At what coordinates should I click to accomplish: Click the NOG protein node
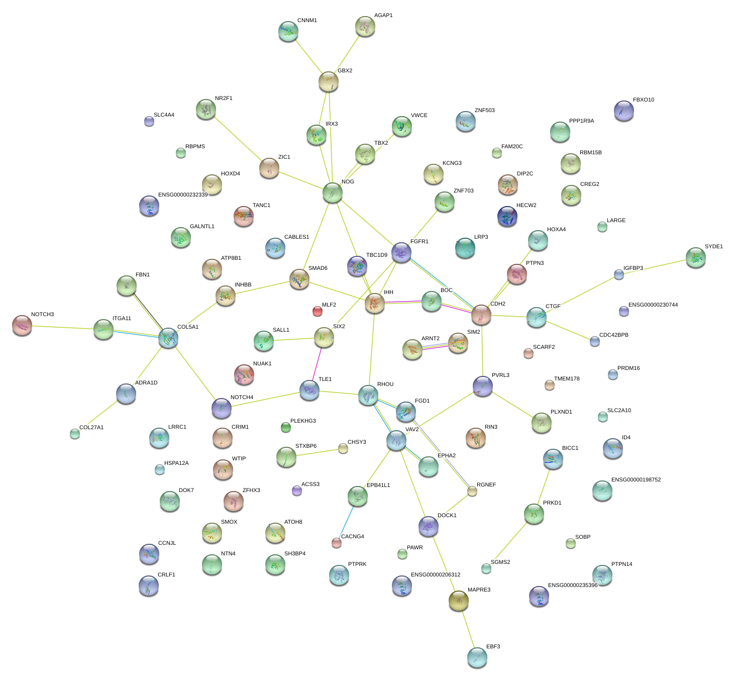tap(333, 192)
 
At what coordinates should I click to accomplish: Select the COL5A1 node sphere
tap(168, 338)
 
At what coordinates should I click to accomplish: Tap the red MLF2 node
tap(318, 311)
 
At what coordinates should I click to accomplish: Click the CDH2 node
tap(481, 315)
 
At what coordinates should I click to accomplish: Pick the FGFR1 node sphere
tap(401, 252)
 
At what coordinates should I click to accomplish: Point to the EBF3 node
tap(477, 657)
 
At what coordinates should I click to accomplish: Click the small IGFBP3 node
tap(619, 274)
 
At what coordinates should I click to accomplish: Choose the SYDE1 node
tap(696, 257)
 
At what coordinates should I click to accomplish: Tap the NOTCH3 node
tap(22, 325)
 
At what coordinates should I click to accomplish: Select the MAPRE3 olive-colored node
tap(459, 600)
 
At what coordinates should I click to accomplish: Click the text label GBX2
tap(345, 71)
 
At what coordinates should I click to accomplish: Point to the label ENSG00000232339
tap(183, 195)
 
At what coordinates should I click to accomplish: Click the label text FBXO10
tap(644, 100)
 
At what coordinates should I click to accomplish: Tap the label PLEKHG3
tap(303, 421)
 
